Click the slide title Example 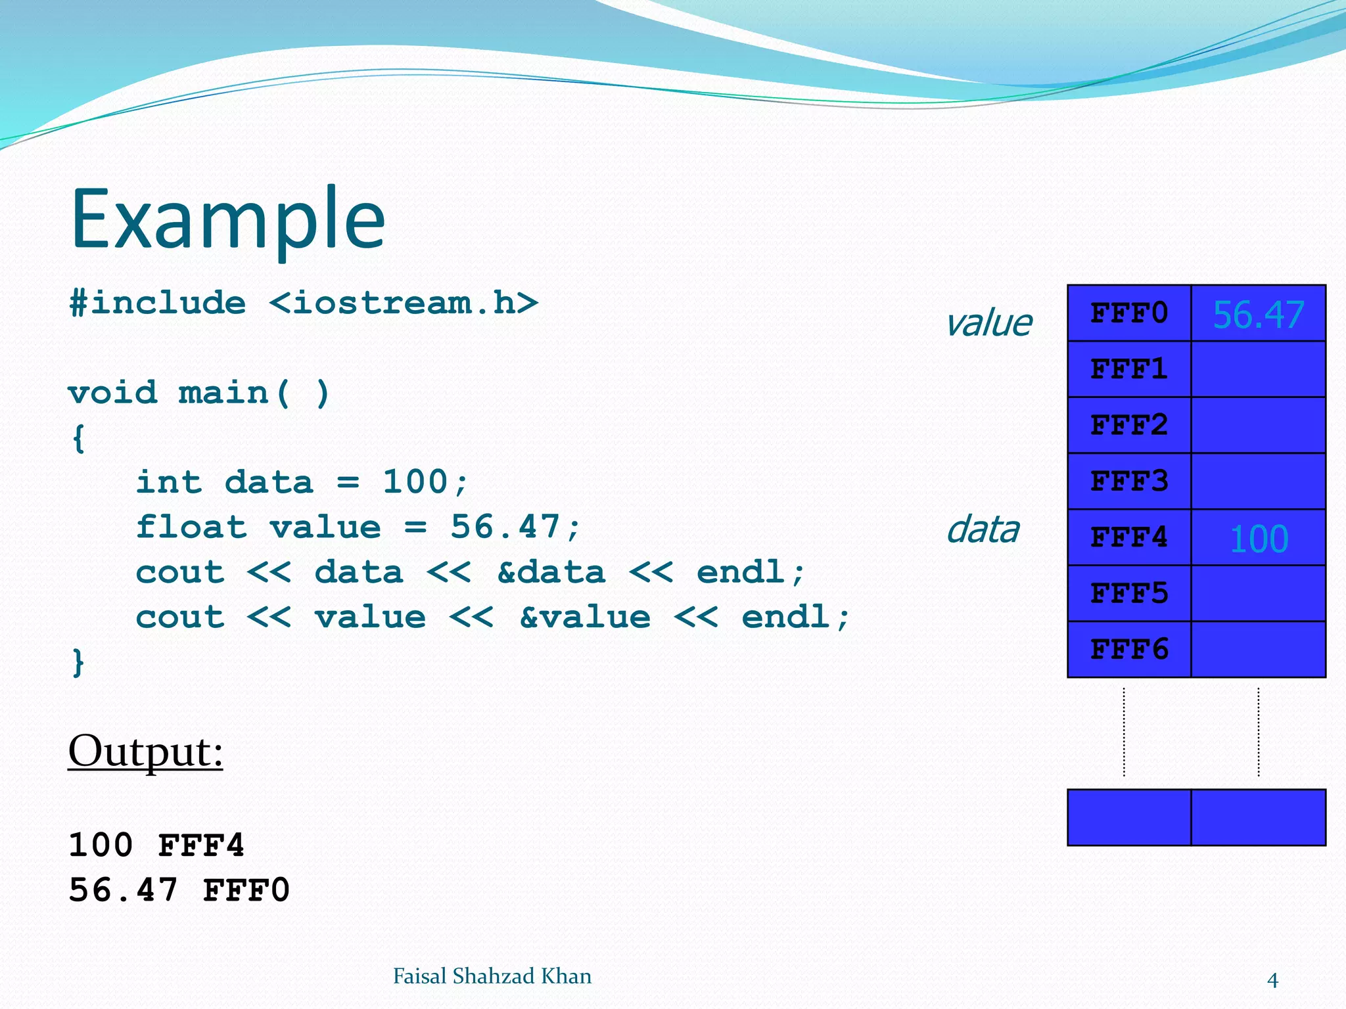227,220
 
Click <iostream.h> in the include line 404,303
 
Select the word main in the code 223,393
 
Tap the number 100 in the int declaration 415,482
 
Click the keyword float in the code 191,527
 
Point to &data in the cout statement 551,572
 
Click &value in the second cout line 585,617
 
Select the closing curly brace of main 78,662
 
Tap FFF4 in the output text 201,845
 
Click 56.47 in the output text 123,891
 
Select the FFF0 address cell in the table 1128,313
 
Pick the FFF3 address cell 1128,482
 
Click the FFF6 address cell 1128,650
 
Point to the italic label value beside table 988,323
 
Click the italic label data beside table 983,530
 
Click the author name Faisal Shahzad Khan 492,977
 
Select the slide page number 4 1272,981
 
